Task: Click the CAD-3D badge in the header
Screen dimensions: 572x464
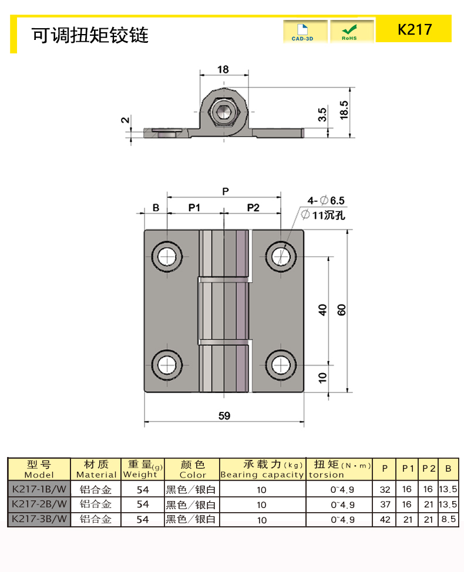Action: click(304, 32)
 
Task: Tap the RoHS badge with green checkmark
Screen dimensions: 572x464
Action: click(351, 32)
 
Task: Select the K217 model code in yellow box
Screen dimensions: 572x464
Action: click(414, 29)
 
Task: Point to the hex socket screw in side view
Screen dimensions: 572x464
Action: click(224, 113)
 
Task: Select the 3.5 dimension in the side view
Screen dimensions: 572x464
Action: click(322, 114)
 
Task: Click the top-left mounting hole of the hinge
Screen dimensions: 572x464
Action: click(166, 256)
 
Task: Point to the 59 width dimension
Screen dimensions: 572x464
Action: click(224, 416)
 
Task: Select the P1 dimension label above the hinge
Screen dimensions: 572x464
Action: click(194, 207)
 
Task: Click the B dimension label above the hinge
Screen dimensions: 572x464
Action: click(156, 207)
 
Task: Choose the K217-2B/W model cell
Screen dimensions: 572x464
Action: click(39, 504)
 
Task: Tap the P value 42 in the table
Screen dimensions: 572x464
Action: click(385, 519)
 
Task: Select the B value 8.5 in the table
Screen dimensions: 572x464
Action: click(449, 519)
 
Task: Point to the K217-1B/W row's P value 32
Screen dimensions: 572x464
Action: click(385, 489)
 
